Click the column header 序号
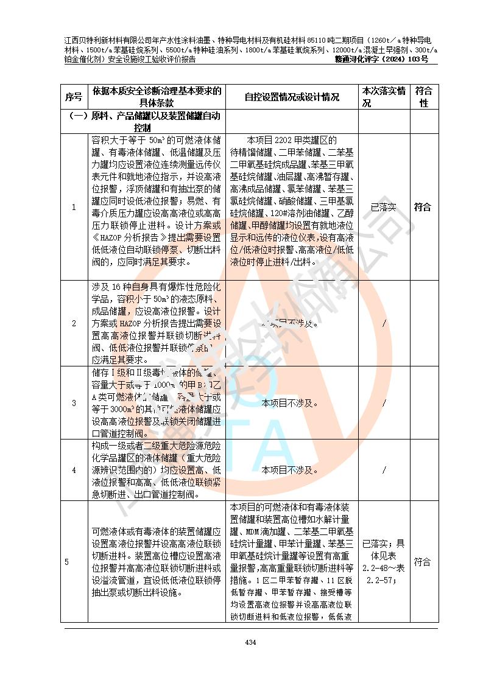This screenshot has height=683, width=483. coord(74,97)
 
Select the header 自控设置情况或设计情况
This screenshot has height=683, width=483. coord(292,97)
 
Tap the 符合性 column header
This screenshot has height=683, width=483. coord(423,97)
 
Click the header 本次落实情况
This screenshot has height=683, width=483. coord(384,97)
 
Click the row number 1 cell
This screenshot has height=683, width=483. coord(74,207)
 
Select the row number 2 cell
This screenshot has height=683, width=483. coord(74,323)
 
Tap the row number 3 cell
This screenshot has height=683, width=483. coord(74,403)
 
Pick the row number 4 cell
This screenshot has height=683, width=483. coord(74,471)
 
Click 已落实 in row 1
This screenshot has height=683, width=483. coord(384,207)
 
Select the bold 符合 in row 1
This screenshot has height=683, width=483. coord(423,207)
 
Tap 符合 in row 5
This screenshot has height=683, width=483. coord(423,562)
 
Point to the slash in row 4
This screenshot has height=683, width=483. coord(384,471)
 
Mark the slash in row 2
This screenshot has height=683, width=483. coord(384,323)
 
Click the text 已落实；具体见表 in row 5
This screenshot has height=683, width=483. coord(384,550)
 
